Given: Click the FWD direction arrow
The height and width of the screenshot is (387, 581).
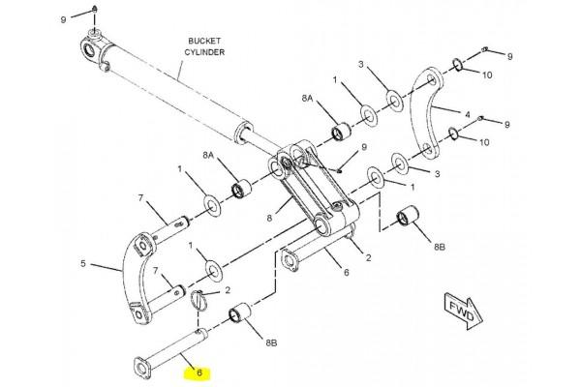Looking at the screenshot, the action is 463,312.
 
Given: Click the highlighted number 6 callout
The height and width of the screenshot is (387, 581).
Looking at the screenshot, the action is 199,372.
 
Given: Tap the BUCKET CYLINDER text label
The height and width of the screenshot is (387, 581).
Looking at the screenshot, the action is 204,46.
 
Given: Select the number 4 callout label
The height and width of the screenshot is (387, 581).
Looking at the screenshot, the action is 468,114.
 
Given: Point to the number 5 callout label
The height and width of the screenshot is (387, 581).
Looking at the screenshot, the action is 83,264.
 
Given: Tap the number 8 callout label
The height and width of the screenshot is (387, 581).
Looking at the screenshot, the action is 269,218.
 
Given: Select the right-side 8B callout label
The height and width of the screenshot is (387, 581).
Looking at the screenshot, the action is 439,247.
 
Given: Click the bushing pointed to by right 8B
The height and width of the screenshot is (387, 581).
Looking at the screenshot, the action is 408,216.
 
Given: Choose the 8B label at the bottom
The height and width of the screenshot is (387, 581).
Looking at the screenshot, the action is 271,343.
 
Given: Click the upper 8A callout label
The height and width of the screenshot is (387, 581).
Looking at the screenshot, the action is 307,99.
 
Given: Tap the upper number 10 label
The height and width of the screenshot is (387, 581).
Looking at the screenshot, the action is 487,75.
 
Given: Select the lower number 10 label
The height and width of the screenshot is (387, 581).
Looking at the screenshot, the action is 484,142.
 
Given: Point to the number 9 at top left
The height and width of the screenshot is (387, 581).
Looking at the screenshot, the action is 63,19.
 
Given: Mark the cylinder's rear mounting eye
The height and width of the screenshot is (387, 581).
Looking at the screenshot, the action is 90,50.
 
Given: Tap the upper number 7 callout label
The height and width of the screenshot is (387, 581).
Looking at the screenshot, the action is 140,198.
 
